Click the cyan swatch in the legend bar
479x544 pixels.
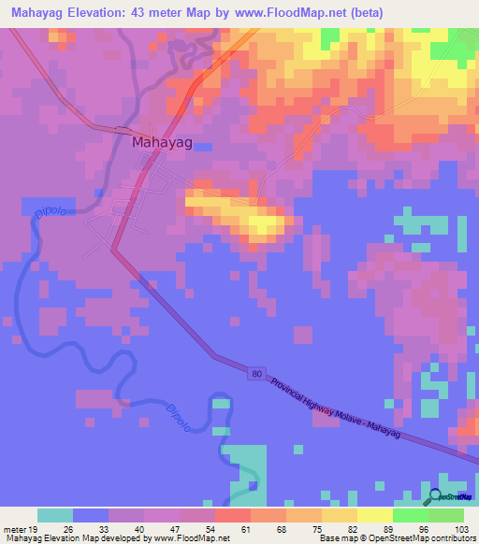pyautogui.click(x=55, y=515)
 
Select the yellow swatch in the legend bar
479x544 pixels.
pyautogui.click(x=375, y=515)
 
